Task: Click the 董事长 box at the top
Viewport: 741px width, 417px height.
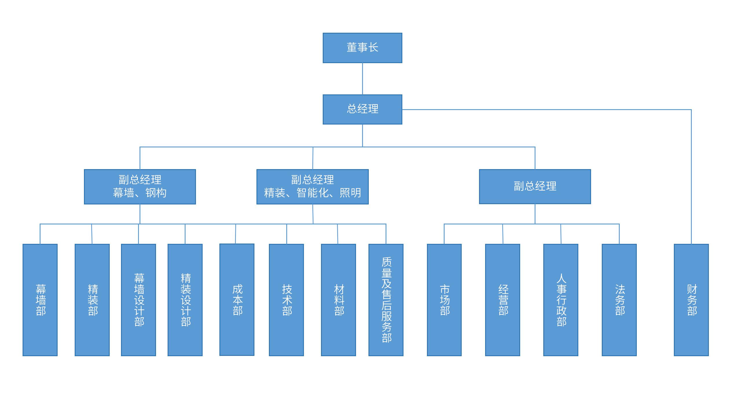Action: tap(362, 48)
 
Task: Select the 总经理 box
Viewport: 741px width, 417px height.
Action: tap(362, 109)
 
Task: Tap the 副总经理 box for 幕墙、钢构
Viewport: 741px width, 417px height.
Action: tap(140, 186)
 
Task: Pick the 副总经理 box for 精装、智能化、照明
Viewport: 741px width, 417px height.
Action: tap(312, 186)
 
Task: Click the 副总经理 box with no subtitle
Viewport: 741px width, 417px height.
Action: tap(535, 186)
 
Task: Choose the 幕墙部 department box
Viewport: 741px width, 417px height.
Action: tap(40, 300)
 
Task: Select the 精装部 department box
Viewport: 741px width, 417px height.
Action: tap(92, 300)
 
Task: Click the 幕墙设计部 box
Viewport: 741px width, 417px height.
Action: tap(138, 300)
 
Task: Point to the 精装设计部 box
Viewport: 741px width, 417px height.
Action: tap(185, 300)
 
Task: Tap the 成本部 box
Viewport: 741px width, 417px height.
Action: tap(237, 300)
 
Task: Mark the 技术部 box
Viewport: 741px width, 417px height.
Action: tap(286, 300)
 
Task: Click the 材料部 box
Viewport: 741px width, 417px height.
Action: tap(338, 300)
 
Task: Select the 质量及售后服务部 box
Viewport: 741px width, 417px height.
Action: tap(386, 300)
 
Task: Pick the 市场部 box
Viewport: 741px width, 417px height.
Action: tap(444, 300)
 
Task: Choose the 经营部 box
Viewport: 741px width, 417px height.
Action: tap(502, 300)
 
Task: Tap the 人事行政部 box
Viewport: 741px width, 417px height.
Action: tap(561, 300)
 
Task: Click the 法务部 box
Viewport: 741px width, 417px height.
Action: tap(619, 300)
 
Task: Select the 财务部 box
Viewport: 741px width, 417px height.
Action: tap(691, 300)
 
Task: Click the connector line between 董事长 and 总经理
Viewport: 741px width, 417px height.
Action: tap(362, 79)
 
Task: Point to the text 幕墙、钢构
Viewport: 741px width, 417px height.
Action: tap(140, 193)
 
